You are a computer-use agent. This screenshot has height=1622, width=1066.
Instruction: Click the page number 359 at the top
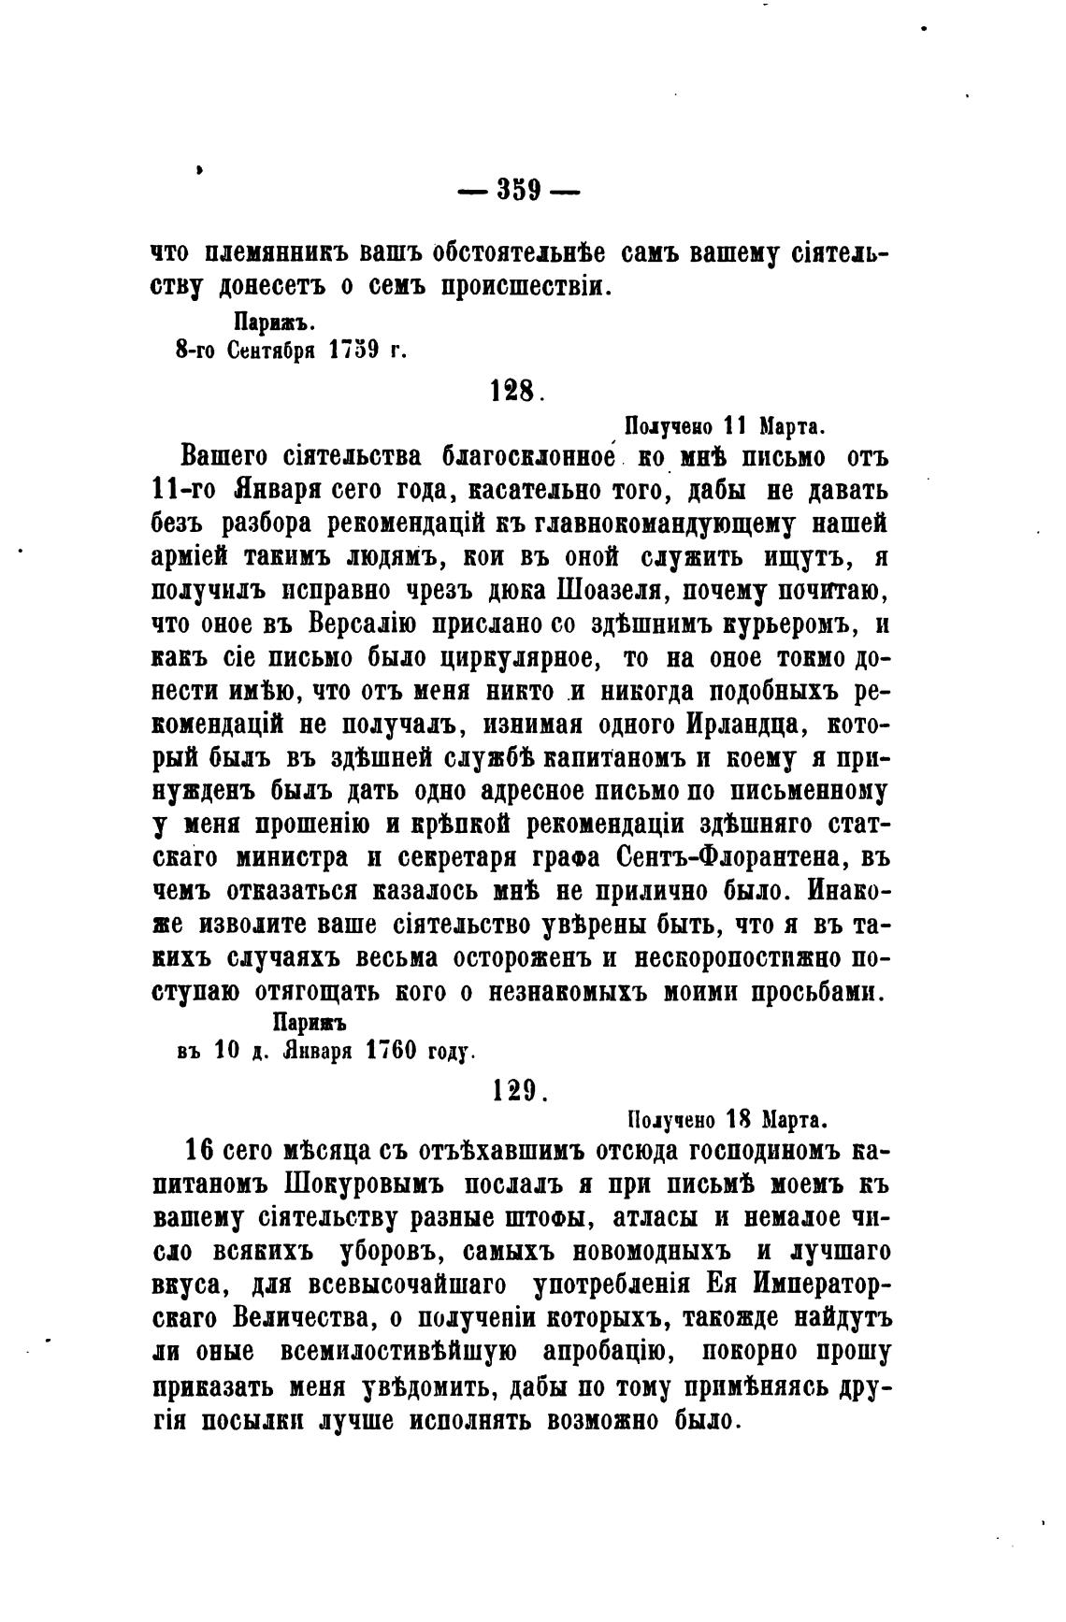(x=519, y=190)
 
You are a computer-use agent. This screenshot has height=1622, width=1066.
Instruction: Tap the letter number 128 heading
(x=513, y=390)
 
